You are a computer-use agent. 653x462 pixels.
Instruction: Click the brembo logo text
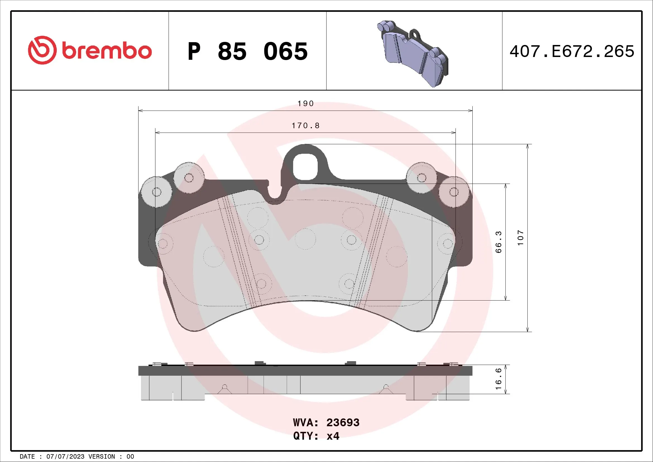click(107, 51)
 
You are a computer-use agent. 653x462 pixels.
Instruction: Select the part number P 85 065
click(247, 51)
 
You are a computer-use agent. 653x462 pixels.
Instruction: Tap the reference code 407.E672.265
click(572, 51)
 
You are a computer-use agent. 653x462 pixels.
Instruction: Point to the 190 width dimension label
click(305, 104)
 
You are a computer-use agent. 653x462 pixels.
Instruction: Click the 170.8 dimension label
click(305, 126)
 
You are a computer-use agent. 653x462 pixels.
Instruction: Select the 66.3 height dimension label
click(499, 242)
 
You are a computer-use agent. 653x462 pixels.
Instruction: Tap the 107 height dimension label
click(520, 238)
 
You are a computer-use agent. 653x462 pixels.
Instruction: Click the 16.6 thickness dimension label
click(499, 379)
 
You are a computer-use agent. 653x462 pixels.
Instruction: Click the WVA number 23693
click(343, 423)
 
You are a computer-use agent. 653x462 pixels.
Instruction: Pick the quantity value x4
click(333, 436)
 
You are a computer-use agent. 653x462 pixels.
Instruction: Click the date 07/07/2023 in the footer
click(65, 457)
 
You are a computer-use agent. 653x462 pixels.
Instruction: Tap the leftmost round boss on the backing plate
click(156, 192)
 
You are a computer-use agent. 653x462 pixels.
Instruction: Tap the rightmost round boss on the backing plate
click(454, 192)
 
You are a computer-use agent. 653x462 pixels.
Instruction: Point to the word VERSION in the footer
click(102, 457)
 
